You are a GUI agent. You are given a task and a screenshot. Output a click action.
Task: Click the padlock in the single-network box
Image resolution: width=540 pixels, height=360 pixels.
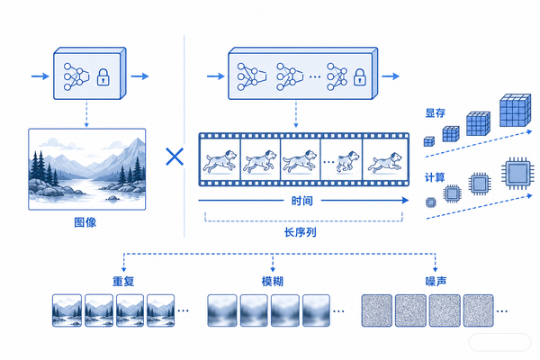(103, 76)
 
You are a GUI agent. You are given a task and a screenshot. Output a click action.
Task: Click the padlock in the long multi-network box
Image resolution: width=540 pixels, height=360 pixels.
(359, 76)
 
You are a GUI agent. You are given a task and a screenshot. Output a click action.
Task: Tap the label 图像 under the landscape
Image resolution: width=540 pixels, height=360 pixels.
(85, 222)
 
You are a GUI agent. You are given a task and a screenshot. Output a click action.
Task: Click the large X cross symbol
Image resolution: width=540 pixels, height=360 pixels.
(175, 157)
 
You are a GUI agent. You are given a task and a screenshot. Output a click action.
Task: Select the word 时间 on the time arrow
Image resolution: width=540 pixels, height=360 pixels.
(302, 201)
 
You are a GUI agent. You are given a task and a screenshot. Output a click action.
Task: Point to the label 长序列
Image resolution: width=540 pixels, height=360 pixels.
(301, 232)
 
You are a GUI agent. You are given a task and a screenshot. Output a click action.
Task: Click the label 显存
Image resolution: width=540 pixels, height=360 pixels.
(436, 113)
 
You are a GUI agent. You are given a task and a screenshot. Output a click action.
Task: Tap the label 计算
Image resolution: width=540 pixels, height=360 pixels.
(435, 177)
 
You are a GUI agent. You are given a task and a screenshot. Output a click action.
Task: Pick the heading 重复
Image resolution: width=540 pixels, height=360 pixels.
(123, 282)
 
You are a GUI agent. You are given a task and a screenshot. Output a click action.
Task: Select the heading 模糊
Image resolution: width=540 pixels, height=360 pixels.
(273, 282)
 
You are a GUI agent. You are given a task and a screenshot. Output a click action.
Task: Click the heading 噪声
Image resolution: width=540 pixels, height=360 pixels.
(436, 282)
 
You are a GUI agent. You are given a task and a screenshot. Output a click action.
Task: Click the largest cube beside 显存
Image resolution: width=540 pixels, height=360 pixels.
(515, 110)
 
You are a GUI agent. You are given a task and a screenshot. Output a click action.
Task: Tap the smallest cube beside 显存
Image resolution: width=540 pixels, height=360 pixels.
(428, 141)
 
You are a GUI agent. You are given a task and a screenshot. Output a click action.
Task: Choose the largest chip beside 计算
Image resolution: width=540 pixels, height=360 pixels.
(518, 174)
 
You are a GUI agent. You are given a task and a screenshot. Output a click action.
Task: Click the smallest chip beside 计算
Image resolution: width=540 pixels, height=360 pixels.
(431, 202)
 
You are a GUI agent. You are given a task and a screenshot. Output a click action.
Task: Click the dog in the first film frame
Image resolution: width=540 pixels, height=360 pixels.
(220, 160)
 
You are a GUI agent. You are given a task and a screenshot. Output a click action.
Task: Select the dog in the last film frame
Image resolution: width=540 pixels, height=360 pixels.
(385, 162)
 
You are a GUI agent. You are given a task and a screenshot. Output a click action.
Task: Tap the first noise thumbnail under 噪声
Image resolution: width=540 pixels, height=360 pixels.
(377, 310)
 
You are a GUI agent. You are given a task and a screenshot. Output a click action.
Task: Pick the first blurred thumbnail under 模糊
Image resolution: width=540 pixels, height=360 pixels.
(222, 310)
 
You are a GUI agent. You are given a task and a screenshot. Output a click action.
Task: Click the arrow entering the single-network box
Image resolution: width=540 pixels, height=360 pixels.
(40, 76)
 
